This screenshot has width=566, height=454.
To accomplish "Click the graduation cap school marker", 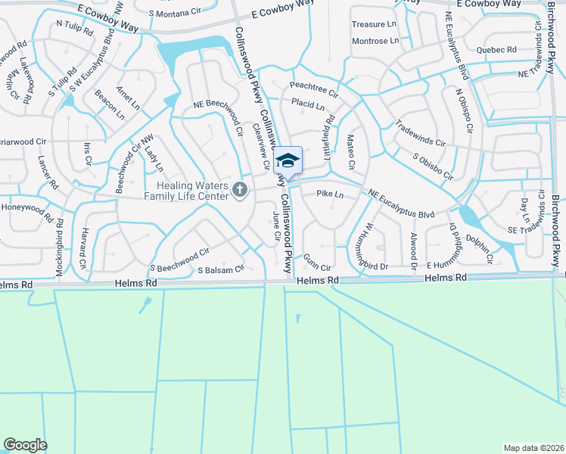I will click(288, 160).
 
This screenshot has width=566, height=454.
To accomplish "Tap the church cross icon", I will click(240, 189).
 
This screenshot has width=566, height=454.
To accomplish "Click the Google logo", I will click(25, 445).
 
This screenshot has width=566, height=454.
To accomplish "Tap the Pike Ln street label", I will click(330, 195).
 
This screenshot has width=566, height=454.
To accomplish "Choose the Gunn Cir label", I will click(318, 268).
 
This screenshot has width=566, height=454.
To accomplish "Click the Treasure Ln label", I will click(374, 24).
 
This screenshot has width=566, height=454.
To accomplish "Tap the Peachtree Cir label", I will click(313, 87).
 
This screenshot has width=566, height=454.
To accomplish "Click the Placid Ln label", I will click(307, 104).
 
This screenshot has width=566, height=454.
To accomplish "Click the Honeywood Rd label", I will click(26, 211).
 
